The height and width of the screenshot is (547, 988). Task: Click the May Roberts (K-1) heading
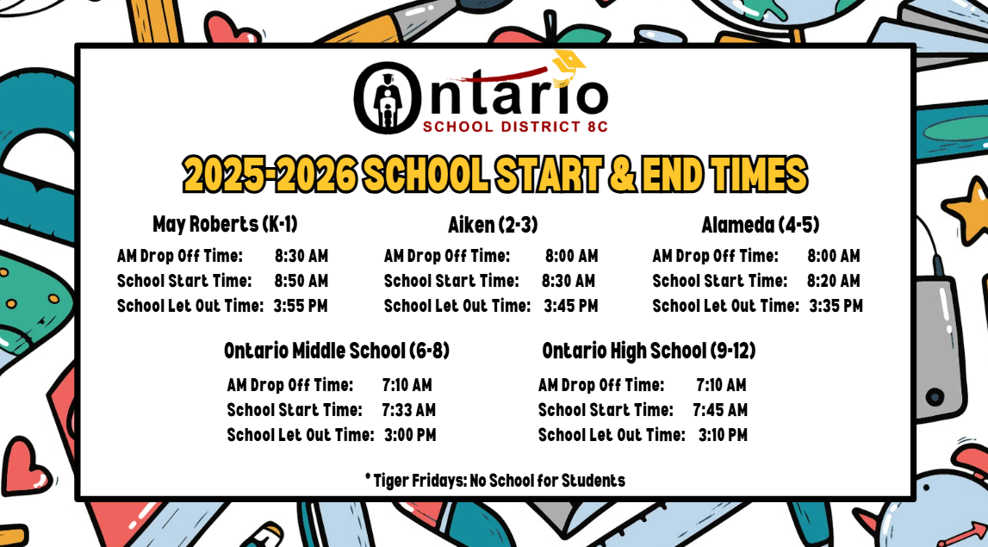point(225,224)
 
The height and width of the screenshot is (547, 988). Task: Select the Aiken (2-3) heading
point(493,225)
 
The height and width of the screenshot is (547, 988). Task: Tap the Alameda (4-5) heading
point(761,225)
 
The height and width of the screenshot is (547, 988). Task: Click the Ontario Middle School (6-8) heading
point(337,351)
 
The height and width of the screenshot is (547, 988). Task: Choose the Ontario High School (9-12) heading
point(649,351)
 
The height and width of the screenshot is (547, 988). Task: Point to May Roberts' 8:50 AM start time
point(301,281)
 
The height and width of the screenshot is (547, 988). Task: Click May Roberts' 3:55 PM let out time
point(301,307)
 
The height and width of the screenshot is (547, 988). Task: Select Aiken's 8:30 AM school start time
point(569,281)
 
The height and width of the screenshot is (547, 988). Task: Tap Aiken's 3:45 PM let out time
point(571,307)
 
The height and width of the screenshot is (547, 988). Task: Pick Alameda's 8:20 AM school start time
point(834,281)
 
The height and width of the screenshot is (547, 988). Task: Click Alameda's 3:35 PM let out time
point(836,307)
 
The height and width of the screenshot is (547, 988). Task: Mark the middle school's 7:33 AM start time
point(409,410)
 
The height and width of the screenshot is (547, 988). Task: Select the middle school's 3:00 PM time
point(410,436)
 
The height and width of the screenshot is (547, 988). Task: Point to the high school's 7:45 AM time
point(720,410)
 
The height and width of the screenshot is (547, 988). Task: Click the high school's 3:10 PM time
point(723,436)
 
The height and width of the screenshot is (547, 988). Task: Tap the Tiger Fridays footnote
point(495,481)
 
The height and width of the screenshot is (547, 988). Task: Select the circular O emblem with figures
point(388,97)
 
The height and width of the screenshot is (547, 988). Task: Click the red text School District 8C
point(515,127)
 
